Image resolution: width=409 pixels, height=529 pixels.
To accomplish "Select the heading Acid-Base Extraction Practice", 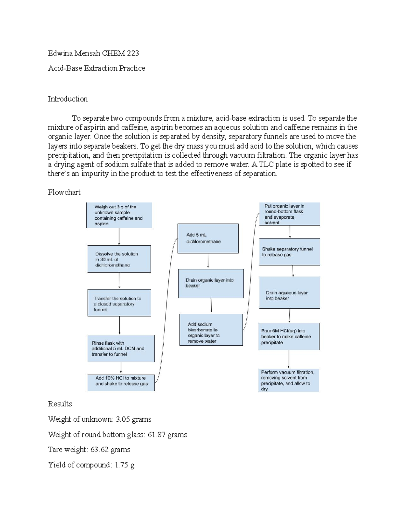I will (96, 68).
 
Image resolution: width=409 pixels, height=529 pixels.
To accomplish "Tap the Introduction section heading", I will (67, 99).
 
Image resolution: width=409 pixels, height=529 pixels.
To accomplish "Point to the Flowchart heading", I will (64, 192).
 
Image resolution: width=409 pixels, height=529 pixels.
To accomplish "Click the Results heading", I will (60, 404).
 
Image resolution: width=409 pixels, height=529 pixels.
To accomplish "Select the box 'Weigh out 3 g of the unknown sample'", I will (119, 215).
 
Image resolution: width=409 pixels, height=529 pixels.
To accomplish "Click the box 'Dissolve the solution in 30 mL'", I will (119, 259).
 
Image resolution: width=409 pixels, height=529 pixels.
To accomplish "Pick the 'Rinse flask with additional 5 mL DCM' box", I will (121, 348).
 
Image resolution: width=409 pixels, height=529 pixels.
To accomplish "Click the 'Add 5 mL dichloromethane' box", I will (208, 238).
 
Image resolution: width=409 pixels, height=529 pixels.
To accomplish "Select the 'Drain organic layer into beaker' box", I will (211, 283).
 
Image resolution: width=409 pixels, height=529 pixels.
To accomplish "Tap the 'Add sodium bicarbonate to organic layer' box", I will (211, 330).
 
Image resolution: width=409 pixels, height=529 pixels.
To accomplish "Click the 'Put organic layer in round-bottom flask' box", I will (289, 214).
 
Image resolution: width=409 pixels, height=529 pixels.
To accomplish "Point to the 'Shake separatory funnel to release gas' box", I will (289, 252).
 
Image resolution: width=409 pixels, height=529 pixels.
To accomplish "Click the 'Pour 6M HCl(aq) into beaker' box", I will (289, 337).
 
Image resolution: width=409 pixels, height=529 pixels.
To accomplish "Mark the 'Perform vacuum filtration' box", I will (289, 380).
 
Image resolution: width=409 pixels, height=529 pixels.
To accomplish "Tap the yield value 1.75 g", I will (124, 465).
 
